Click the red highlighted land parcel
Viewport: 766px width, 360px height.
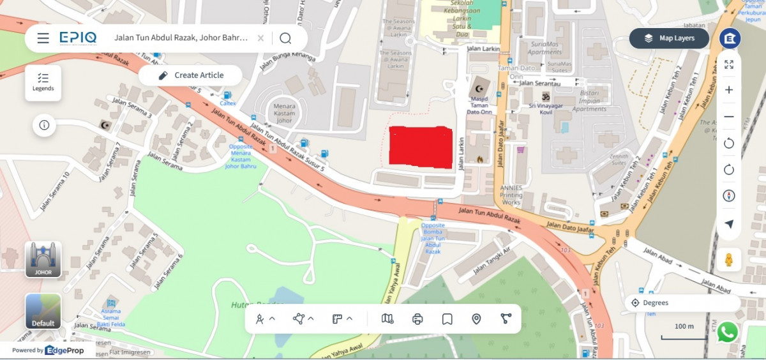[421, 147]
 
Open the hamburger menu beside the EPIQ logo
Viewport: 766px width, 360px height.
[43, 38]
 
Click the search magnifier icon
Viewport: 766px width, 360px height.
[285, 38]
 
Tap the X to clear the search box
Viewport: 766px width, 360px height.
[260, 38]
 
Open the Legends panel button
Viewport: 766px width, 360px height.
[43, 82]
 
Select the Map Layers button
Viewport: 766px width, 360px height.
[669, 38]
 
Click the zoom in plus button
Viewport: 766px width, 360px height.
[729, 90]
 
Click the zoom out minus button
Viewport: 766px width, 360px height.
[729, 117]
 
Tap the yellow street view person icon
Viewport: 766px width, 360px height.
[728, 260]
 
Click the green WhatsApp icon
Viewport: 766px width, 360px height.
[727, 332]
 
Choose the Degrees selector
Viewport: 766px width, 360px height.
[682, 303]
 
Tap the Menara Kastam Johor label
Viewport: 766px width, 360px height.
[284, 112]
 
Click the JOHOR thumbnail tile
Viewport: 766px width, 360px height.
[43, 260]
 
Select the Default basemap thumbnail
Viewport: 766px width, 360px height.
[43, 311]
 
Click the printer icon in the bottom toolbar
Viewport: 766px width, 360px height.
[417, 319]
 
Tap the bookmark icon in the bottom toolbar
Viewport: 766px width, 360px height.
[447, 319]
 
